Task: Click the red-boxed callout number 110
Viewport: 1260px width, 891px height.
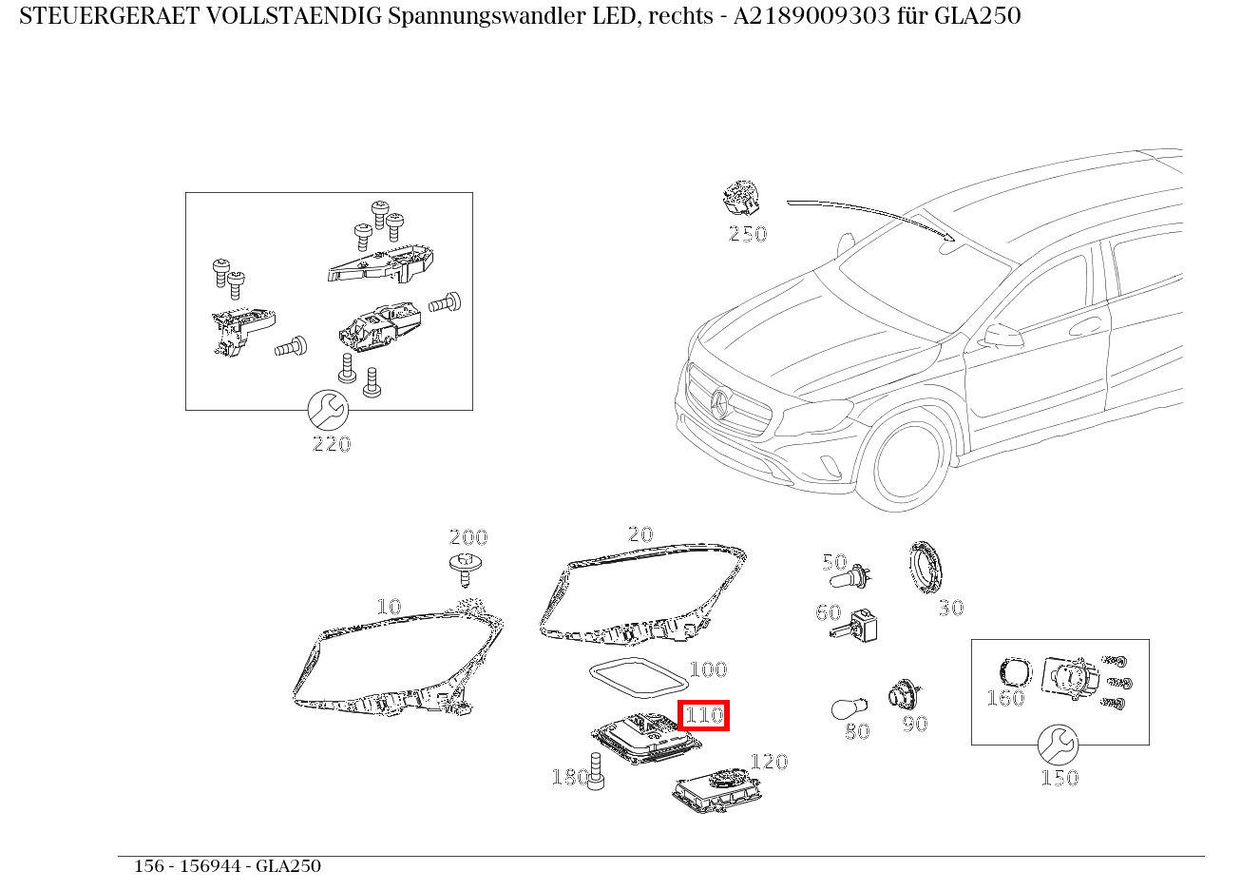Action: (x=704, y=714)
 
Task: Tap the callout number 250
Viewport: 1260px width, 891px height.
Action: (x=747, y=234)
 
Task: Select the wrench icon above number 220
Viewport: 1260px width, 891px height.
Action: (x=329, y=410)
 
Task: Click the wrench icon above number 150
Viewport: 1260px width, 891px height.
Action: (x=1058, y=745)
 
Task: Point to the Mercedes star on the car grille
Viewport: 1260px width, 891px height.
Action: (x=719, y=405)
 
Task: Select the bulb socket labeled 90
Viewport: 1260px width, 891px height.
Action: (x=903, y=693)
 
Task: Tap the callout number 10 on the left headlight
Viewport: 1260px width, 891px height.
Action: (x=389, y=607)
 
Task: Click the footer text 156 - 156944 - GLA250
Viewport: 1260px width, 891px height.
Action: (x=227, y=866)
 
